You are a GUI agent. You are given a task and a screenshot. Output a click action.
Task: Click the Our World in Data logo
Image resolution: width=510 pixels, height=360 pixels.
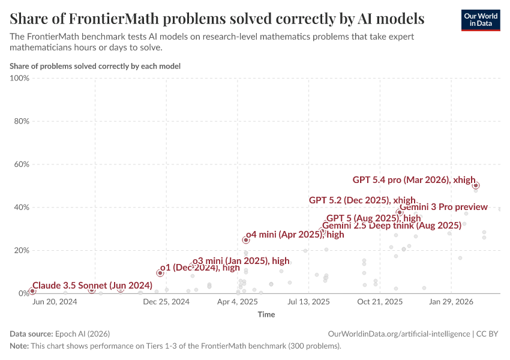(480, 20)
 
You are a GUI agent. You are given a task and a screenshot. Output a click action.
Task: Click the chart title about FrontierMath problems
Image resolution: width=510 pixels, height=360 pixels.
(217, 19)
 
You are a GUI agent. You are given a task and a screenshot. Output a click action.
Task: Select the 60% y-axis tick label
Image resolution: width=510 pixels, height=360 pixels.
(21, 164)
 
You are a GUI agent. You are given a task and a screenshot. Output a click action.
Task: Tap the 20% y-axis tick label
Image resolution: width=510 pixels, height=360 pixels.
(21, 250)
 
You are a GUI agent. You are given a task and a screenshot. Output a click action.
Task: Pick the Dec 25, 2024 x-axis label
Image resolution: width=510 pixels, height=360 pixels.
(167, 302)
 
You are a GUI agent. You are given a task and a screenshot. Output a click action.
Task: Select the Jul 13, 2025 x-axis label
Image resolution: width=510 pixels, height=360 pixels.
(308, 302)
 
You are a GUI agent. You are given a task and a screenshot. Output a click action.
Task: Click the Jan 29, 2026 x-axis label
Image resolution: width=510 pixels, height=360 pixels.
(454, 302)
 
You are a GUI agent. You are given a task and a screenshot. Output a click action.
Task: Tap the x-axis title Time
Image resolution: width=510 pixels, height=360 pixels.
(266, 314)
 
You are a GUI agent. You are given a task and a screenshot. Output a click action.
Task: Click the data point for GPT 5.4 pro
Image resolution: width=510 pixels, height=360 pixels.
(476, 185)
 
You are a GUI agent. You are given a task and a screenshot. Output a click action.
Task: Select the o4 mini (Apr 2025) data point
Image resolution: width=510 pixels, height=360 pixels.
(245, 240)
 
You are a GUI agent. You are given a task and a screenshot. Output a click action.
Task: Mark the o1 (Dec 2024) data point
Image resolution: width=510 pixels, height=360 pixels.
(160, 273)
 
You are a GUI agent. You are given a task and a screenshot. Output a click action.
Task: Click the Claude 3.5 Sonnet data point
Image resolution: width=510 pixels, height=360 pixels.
(32, 291)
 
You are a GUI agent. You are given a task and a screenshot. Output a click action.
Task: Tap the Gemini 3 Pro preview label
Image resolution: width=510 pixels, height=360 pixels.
(443, 207)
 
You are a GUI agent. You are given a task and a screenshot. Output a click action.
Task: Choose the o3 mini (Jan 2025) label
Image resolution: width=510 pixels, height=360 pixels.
(241, 261)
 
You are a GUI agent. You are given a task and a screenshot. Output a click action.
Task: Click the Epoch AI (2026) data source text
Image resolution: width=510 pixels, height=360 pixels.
(82, 334)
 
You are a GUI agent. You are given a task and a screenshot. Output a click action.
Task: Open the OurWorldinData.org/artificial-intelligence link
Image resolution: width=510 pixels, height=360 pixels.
(399, 334)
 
